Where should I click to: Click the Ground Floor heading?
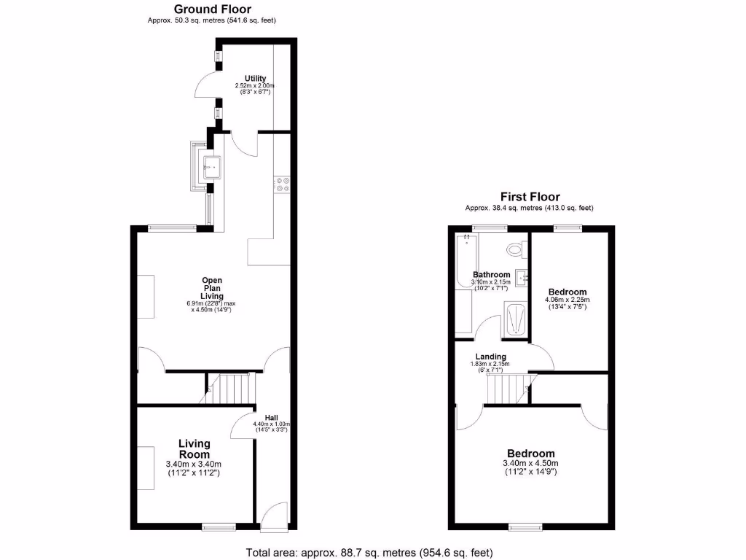[x=211, y=9]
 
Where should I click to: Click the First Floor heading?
[x=530, y=197]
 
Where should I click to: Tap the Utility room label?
[x=255, y=78]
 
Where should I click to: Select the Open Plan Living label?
[x=212, y=288]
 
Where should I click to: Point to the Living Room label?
[x=195, y=448]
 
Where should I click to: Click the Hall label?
[x=271, y=418]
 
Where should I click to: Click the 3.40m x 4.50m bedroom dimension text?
[x=530, y=463]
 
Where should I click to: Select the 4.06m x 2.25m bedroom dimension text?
[x=567, y=300]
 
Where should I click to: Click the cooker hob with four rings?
[x=282, y=184]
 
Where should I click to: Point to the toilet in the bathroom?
[x=516, y=250]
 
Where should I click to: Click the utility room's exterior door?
[x=208, y=85]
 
